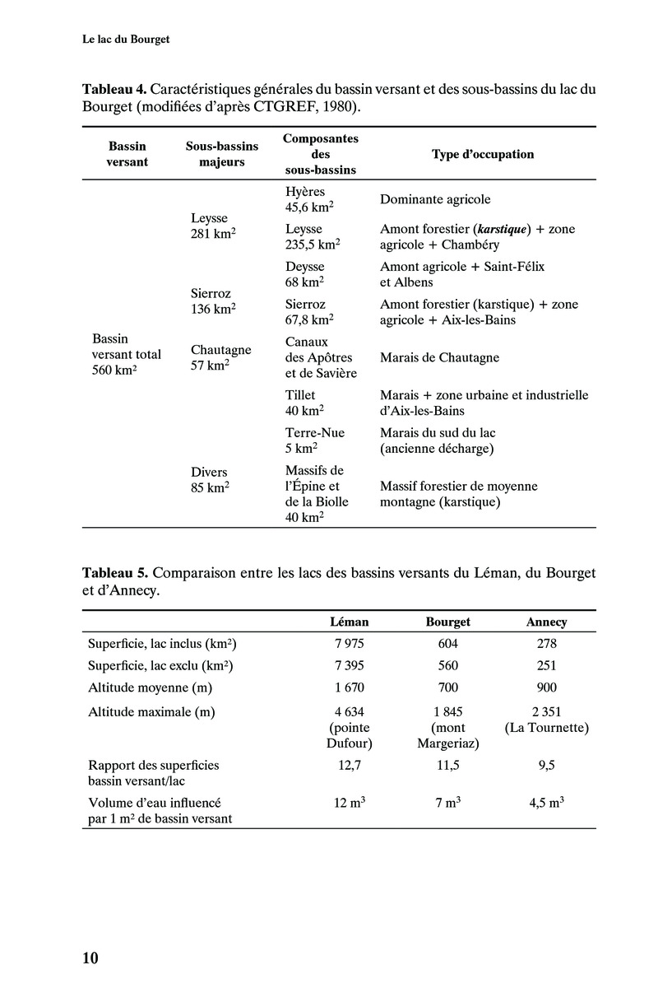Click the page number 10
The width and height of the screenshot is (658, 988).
[90, 958]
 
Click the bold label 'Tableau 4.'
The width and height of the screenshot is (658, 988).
[114, 89]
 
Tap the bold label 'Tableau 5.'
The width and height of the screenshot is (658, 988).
[114, 571]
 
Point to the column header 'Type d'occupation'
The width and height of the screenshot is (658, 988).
[483, 154]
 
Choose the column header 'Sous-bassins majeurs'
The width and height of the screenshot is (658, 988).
[222, 154]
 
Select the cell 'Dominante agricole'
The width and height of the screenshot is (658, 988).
[435, 199]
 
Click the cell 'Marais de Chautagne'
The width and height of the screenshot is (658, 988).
[439, 358]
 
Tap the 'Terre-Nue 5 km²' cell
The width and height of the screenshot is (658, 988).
[315, 440]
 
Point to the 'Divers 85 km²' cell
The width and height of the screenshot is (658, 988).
[210, 479]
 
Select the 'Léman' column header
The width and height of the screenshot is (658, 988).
[349, 622]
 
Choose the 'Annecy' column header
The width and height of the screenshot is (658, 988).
[546, 622]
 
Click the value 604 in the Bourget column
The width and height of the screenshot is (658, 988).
[448, 644]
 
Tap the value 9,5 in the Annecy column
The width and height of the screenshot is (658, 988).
[546, 765]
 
